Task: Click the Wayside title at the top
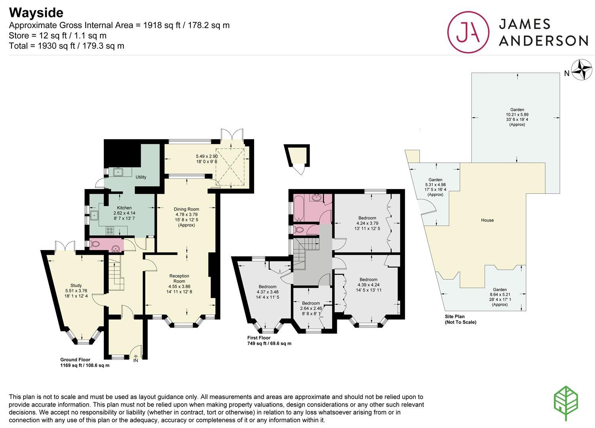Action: point(36,13)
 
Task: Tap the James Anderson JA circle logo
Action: point(468,32)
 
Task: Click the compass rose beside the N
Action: point(582,70)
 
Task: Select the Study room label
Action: point(76,285)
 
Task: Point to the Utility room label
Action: point(141,177)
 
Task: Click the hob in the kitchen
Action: point(110,231)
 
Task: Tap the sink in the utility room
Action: point(118,172)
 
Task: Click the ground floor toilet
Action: point(94,244)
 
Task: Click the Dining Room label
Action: point(186,209)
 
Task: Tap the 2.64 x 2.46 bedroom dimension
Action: point(311,308)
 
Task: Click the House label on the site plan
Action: point(487,220)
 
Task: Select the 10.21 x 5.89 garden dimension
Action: point(517,115)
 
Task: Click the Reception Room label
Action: point(179,278)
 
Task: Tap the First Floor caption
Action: point(259,338)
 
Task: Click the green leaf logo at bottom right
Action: point(566,403)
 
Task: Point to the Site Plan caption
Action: point(455,316)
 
